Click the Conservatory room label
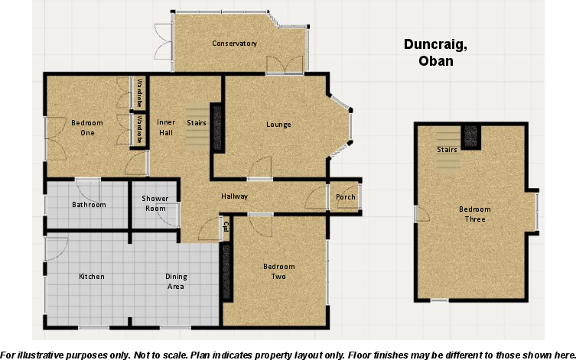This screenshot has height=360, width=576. [234, 44]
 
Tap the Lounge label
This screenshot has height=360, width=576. [278, 125]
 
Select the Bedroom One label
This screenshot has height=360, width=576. [83, 128]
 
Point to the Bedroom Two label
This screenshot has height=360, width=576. [278, 271]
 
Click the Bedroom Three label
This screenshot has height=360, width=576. [475, 214]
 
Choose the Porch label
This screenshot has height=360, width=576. [346, 197]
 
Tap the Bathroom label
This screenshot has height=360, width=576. [89, 204]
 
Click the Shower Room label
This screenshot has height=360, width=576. [155, 203]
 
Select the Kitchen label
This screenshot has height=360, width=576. [92, 277]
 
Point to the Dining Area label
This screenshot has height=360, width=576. [176, 281]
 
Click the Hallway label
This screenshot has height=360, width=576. [234, 196]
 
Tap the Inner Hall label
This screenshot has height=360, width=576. [166, 127]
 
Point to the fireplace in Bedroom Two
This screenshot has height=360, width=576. [226, 271]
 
